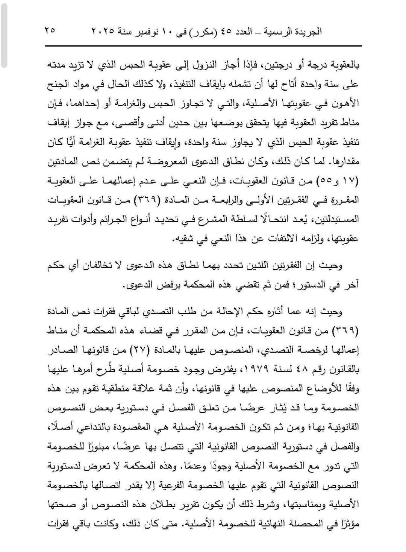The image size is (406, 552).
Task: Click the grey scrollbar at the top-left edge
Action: (x=4, y=34)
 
